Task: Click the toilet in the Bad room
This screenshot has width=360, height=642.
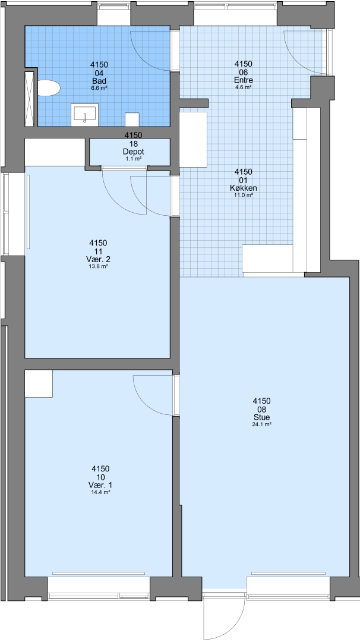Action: point(49,88)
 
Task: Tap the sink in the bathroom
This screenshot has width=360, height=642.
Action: point(85,115)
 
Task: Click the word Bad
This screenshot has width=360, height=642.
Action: point(99,81)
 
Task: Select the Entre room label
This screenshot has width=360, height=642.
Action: point(244,80)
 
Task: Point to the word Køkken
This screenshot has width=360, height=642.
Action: point(244,188)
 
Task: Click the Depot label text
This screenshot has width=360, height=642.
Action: point(133,152)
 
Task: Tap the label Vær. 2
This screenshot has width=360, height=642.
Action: point(99,259)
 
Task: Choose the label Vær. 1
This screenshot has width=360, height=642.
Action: point(100,485)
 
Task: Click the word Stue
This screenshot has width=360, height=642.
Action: point(262,417)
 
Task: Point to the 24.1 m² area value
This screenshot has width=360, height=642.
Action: point(262,424)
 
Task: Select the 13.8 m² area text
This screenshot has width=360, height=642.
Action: point(99,266)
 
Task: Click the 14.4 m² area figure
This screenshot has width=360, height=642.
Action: point(100,492)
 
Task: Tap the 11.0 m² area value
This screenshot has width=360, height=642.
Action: point(244,196)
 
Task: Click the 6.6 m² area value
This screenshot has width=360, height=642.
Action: point(99,88)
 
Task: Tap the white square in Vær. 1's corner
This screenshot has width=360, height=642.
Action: point(39,383)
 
